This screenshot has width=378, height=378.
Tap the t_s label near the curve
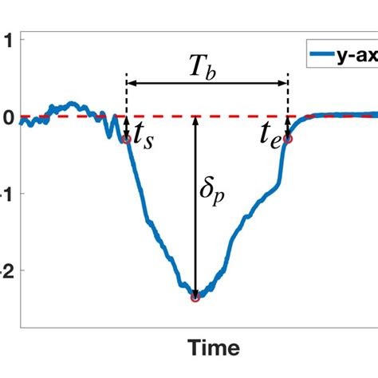coord(144,139)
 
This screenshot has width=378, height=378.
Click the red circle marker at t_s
coord(127,140)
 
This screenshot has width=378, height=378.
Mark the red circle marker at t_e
coord(288,139)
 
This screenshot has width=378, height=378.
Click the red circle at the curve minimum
coord(195,297)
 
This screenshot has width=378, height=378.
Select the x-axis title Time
coord(214,348)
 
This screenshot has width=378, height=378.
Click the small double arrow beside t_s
coord(127,128)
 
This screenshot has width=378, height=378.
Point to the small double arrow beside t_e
coord(288,127)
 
